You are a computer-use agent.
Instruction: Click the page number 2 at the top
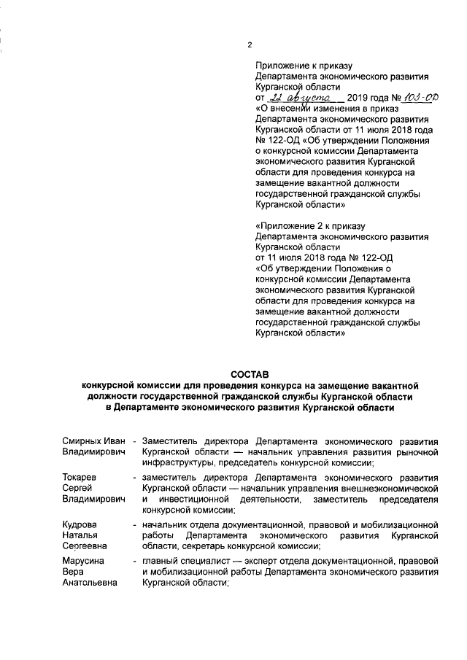[250, 45]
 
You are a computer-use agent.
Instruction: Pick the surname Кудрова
[79, 524]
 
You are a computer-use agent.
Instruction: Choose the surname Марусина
[82, 560]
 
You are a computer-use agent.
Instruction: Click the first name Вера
[72, 571]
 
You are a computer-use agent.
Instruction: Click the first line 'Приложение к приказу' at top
[300, 65]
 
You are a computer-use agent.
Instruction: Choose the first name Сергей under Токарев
[76, 488]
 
